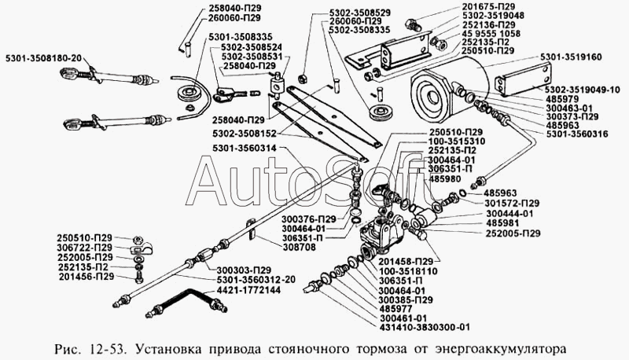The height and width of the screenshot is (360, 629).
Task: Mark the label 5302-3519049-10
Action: point(581,88)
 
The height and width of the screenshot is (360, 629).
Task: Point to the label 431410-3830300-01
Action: point(425,328)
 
